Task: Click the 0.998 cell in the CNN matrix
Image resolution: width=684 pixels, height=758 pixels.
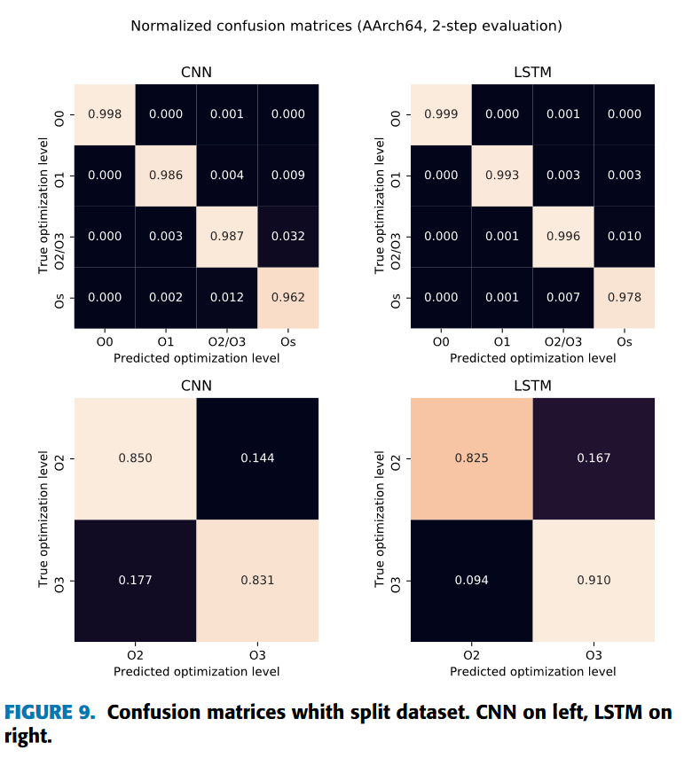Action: (x=104, y=114)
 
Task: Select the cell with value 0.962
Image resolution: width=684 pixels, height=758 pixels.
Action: (x=288, y=298)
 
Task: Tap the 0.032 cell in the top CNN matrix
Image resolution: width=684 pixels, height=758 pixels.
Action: (x=288, y=237)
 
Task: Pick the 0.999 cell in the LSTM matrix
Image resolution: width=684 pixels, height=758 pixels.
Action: (x=441, y=114)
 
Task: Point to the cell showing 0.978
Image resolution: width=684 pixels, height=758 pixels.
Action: (x=625, y=298)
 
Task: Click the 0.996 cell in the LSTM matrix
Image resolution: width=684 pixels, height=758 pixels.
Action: (x=563, y=237)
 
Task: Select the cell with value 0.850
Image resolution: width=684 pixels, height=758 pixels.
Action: (x=135, y=458)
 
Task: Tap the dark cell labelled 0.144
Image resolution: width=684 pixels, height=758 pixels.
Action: (x=257, y=458)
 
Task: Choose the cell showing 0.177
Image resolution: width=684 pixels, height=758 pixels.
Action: (x=135, y=580)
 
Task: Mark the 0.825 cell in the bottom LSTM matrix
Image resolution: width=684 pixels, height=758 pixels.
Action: (x=471, y=458)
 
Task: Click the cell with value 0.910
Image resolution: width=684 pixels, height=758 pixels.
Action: (x=594, y=580)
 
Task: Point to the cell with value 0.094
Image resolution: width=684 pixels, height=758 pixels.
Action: (x=471, y=580)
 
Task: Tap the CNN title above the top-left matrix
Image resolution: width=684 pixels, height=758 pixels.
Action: (x=196, y=73)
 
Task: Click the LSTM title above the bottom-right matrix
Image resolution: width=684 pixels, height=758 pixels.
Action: (x=532, y=386)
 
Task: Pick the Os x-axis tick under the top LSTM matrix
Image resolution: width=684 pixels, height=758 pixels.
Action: (x=625, y=341)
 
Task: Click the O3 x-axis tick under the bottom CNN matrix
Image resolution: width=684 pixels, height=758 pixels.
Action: (x=257, y=655)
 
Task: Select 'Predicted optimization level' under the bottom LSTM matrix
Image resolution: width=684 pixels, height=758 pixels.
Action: (x=532, y=671)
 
